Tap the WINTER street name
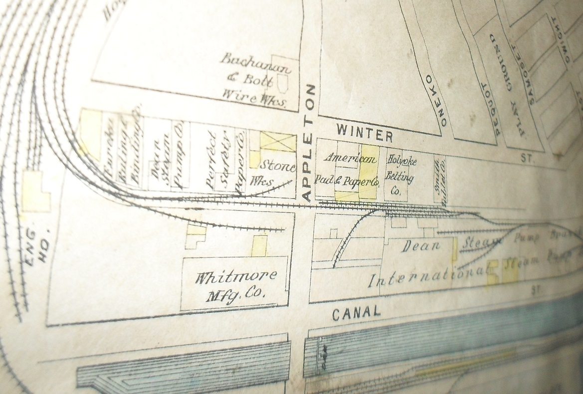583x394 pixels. click(x=365, y=133)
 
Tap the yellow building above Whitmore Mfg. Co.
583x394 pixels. click(x=259, y=246)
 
